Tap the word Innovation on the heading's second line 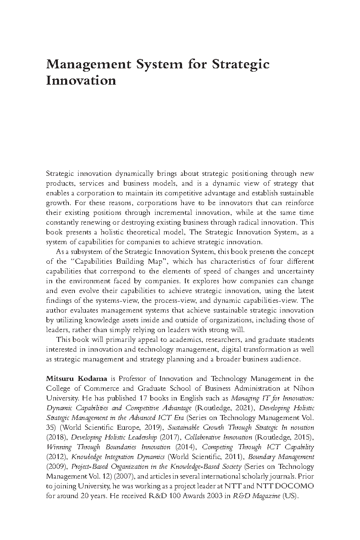(x=81, y=80)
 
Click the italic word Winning (x=59, y=447)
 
